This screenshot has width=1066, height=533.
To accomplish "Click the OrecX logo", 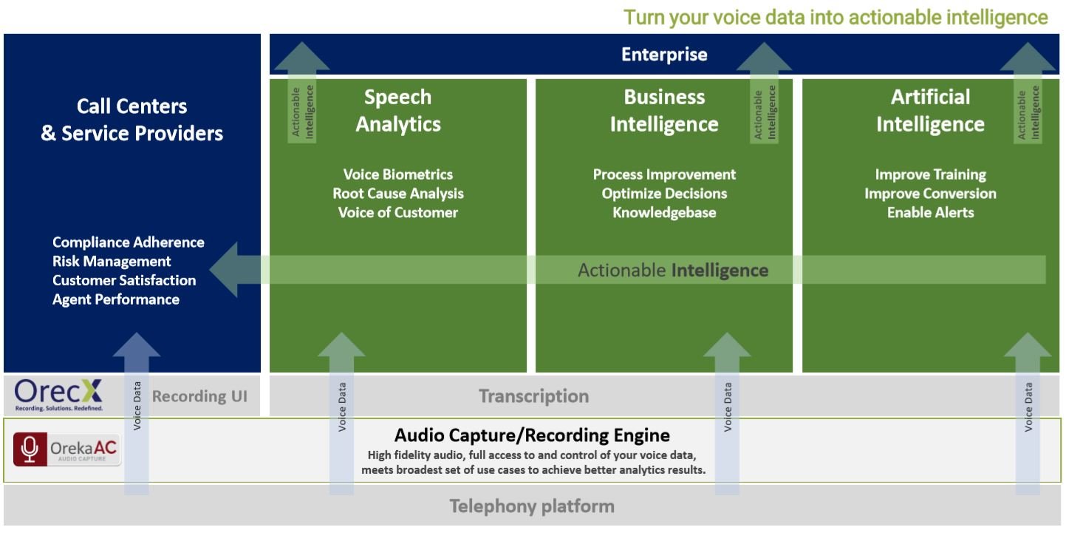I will click(59, 395).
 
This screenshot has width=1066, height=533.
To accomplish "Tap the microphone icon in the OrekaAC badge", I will click(30, 449).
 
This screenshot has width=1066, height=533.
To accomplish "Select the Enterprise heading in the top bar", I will click(664, 55).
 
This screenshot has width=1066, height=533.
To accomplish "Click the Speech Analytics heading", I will click(398, 111).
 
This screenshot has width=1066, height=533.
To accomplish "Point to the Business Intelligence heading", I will click(664, 111).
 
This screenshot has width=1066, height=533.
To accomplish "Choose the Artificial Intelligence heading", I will click(930, 111).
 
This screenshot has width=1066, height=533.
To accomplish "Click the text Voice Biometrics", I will click(398, 174).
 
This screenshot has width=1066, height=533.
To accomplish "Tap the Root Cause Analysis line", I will click(398, 194).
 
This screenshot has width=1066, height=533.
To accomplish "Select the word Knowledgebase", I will click(664, 213).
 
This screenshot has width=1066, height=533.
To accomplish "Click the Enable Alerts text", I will click(930, 213).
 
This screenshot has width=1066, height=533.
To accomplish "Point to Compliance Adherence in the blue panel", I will click(129, 242).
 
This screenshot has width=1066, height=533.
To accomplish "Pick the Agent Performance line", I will click(116, 299).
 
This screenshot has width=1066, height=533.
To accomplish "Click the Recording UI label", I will click(199, 396).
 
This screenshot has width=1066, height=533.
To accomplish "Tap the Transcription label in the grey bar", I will click(533, 396).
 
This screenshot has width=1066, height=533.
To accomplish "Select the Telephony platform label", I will click(532, 506).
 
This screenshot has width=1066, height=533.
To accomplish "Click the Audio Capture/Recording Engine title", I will click(532, 435).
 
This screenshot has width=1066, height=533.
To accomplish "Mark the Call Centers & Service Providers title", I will click(132, 120).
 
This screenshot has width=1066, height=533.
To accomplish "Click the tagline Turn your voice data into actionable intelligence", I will click(836, 17).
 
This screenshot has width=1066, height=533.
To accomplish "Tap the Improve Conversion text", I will click(930, 194).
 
